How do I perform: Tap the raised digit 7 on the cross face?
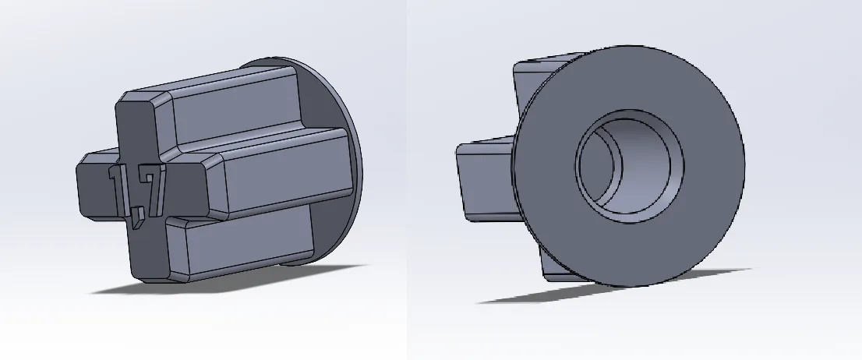click(154, 188)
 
